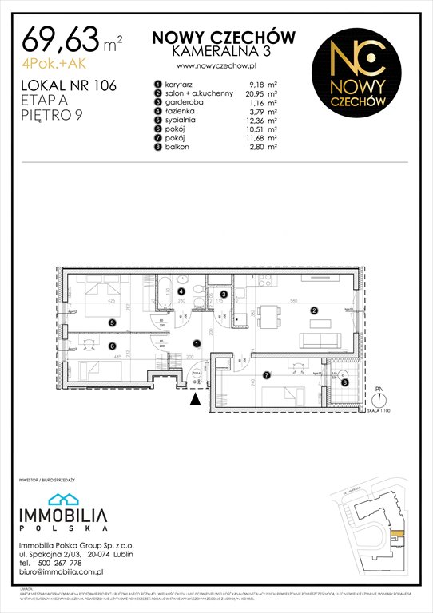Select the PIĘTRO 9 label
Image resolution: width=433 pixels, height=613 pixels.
[x=53, y=115]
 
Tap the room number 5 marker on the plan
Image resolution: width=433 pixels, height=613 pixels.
[x=113, y=322]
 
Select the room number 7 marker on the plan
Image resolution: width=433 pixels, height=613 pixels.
[x=266, y=375]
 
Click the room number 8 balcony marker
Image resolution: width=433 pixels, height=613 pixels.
[x=345, y=382]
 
